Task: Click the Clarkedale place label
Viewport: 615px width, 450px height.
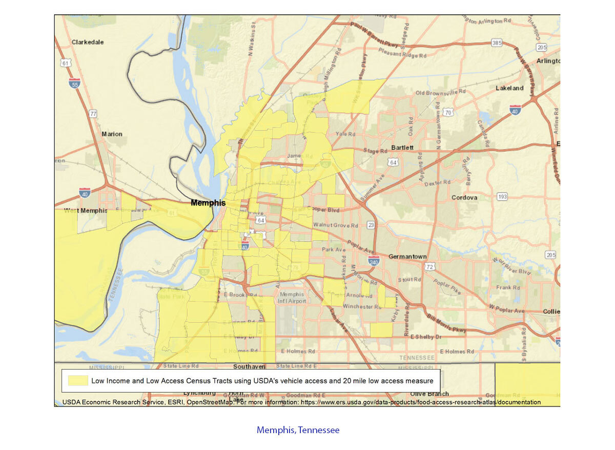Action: point(88,42)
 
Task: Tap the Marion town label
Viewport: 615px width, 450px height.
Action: point(112,134)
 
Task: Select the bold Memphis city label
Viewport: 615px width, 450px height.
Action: point(208,203)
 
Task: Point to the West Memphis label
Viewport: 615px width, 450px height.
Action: point(86,211)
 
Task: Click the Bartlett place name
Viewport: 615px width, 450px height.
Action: point(402,147)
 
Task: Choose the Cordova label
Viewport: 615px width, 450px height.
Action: point(464,198)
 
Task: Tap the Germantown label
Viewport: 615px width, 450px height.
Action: point(407,256)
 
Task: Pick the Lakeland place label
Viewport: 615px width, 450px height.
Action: point(509,88)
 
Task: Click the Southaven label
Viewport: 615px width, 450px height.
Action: point(249,367)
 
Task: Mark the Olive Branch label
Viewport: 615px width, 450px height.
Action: point(429,394)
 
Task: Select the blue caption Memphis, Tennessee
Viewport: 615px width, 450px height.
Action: point(298,430)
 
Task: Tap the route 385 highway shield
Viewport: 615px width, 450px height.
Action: point(496,44)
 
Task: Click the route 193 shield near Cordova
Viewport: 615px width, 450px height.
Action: point(502,197)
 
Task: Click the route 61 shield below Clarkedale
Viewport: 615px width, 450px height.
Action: point(65,63)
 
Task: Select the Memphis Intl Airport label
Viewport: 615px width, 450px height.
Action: point(291,298)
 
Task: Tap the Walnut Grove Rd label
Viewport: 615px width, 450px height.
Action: point(336,225)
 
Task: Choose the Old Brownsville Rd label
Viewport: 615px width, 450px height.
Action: point(441,93)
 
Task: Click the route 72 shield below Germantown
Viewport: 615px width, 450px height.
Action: point(430,267)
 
